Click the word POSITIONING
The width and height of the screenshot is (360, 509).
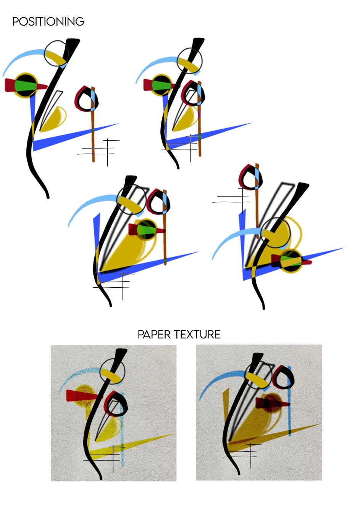48,22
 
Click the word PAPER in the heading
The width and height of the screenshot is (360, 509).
154,335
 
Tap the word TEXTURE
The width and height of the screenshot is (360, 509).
197,335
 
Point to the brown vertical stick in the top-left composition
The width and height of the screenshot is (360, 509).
93,124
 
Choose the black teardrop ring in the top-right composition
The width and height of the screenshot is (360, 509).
194,93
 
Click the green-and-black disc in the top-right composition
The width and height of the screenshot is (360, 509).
162,85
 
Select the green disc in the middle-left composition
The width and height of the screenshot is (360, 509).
147,229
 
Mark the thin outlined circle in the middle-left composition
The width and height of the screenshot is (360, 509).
131,200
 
